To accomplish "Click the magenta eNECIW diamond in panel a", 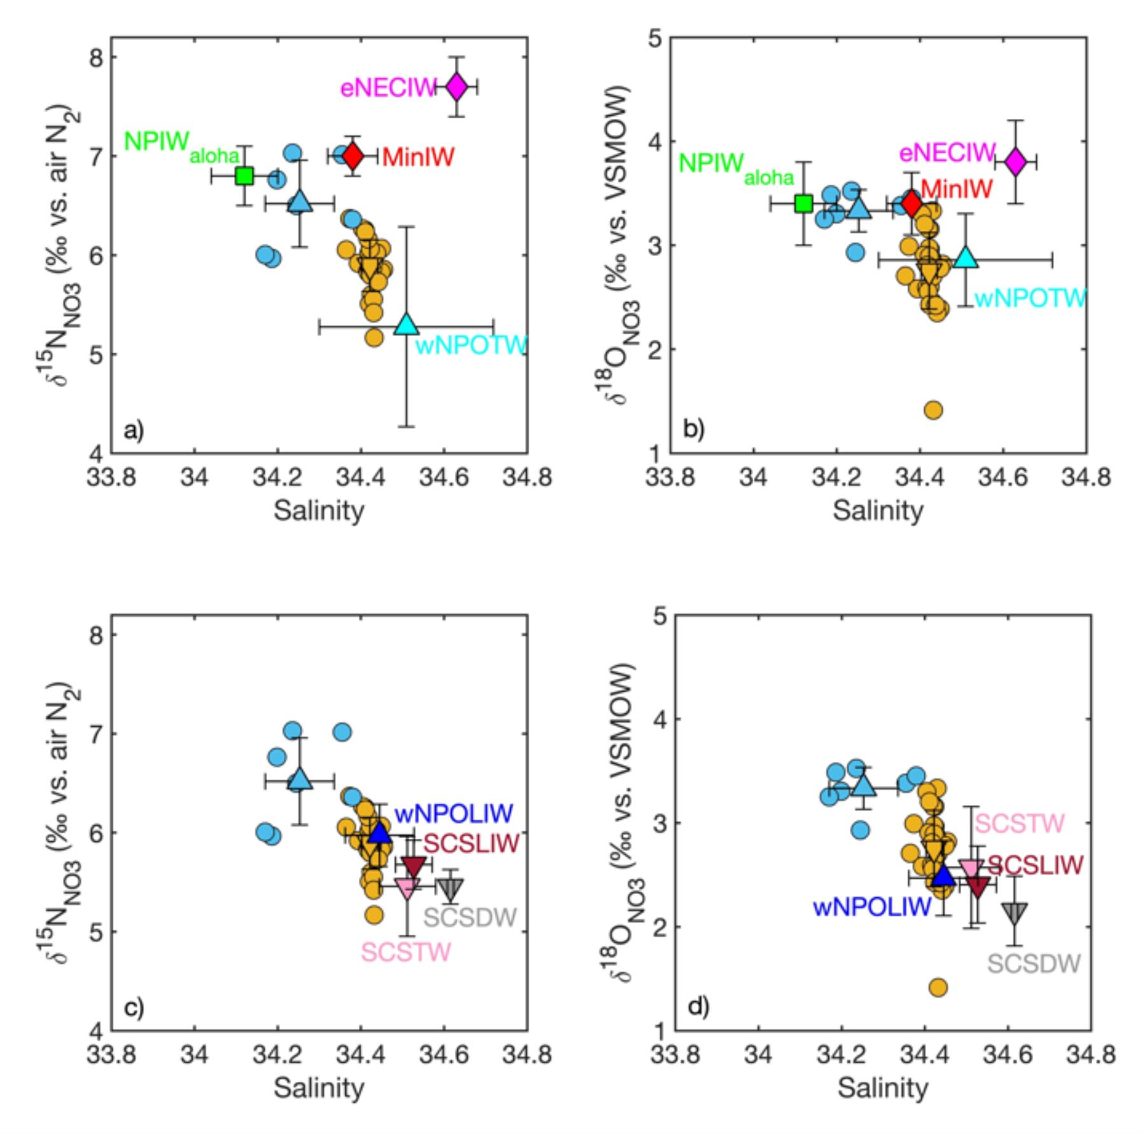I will pyautogui.click(x=456, y=87).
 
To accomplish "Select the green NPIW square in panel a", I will pyautogui.click(x=244, y=176).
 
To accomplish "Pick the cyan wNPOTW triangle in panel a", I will pyautogui.click(x=406, y=325).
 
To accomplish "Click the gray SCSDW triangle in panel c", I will pyautogui.click(x=451, y=888).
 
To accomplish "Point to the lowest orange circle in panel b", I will pyautogui.click(x=933, y=410).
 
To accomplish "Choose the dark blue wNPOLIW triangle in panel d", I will pyautogui.click(x=943, y=876).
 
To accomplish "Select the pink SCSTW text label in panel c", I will pyautogui.click(x=406, y=952).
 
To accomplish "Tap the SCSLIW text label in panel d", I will pyautogui.click(x=1034, y=865).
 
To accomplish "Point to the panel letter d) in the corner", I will pyautogui.click(x=698, y=1007).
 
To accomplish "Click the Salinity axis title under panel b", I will pyautogui.click(x=878, y=510).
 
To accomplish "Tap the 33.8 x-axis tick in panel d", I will pyautogui.click(x=674, y=1054).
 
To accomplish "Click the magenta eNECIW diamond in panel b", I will pyautogui.click(x=1015, y=162).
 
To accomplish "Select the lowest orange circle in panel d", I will pyautogui.click(x=938, y=988).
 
